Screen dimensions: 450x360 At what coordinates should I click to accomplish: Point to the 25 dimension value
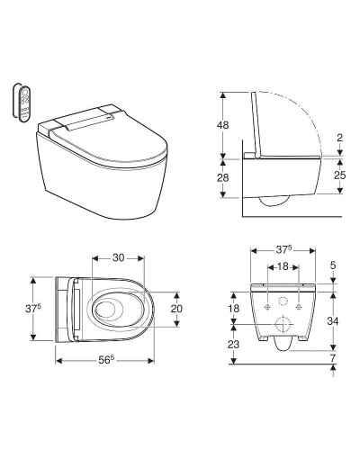[339, 176]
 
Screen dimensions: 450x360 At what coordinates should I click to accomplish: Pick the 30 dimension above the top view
[118, 256]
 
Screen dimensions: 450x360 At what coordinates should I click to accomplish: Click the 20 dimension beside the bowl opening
[178, 308]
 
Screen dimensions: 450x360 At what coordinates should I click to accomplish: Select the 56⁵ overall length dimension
[105, 359]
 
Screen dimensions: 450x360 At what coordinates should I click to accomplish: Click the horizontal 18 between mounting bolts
[283, 267]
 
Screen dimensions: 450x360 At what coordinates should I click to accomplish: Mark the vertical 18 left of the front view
[233, 309]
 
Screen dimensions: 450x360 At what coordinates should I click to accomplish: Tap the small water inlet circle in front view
[283, 300]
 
